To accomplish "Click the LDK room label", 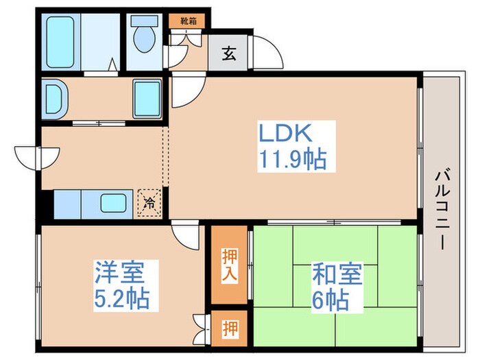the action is tap(285, 133).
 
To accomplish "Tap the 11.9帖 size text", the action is tap(293, 159).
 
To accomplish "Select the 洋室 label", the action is tap(120, 272).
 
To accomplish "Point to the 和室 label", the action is tap(337, 274).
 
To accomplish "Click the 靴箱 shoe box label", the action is tap(188, 21).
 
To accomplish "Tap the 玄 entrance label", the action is tap(228, 54).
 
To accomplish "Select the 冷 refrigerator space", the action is tap(149, 203).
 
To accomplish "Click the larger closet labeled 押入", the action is tap(229, 265).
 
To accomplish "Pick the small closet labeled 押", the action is tap(229, 328).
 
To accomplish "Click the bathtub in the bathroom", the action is tap(60, 42).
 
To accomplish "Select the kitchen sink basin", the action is tap(113, 203).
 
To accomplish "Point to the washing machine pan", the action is tap(147, 99).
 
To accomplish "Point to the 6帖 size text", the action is tap(331, 300).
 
